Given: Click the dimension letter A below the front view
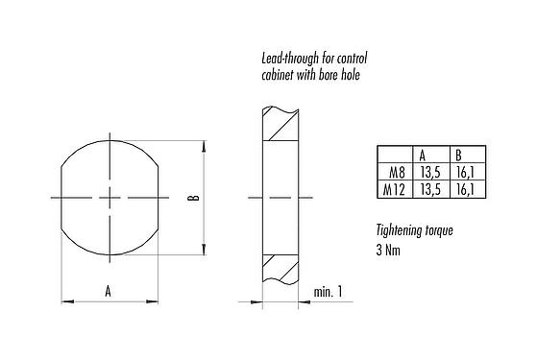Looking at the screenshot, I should (108, 290).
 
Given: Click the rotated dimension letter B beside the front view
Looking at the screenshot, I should (191, 199).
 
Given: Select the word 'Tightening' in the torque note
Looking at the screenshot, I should (401, 231).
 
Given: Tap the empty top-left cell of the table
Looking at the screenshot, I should (394, 156).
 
